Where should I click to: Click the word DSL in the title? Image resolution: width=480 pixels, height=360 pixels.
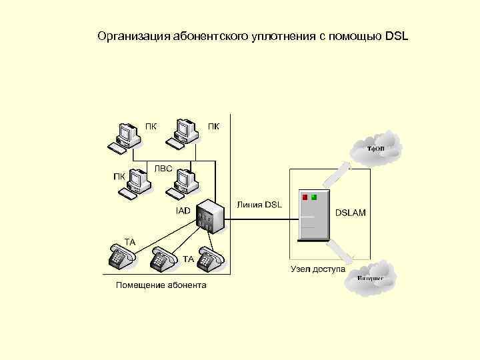[396, 35]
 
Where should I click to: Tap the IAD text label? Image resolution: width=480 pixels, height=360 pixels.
[183, 211]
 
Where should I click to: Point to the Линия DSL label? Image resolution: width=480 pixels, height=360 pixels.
[259, 204]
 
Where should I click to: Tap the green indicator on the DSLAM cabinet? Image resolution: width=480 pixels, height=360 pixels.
[315, 197]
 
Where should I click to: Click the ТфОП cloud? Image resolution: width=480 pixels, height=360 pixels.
[377, 147]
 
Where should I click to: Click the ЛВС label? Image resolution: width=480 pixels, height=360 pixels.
[163, 169]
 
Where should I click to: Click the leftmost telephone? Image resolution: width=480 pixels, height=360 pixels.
[118, 257]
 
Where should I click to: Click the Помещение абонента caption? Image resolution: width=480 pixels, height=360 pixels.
[161, 285]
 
